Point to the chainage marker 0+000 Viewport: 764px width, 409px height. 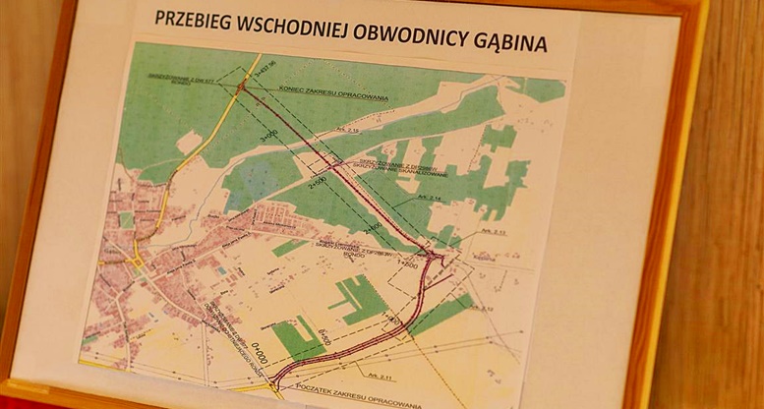[260, 351]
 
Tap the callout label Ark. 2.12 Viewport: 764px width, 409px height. [482, 308]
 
